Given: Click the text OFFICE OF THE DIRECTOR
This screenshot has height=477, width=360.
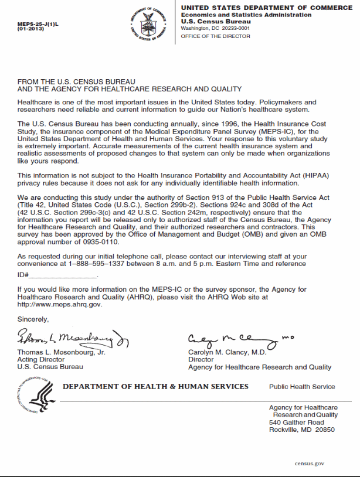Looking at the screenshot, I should coord(215,36).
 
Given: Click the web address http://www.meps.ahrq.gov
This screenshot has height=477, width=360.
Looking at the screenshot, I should coord(60,305).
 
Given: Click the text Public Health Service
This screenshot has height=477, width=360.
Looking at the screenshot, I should coord(302,387).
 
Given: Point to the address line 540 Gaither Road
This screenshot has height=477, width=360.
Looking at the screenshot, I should coord(296,422).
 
